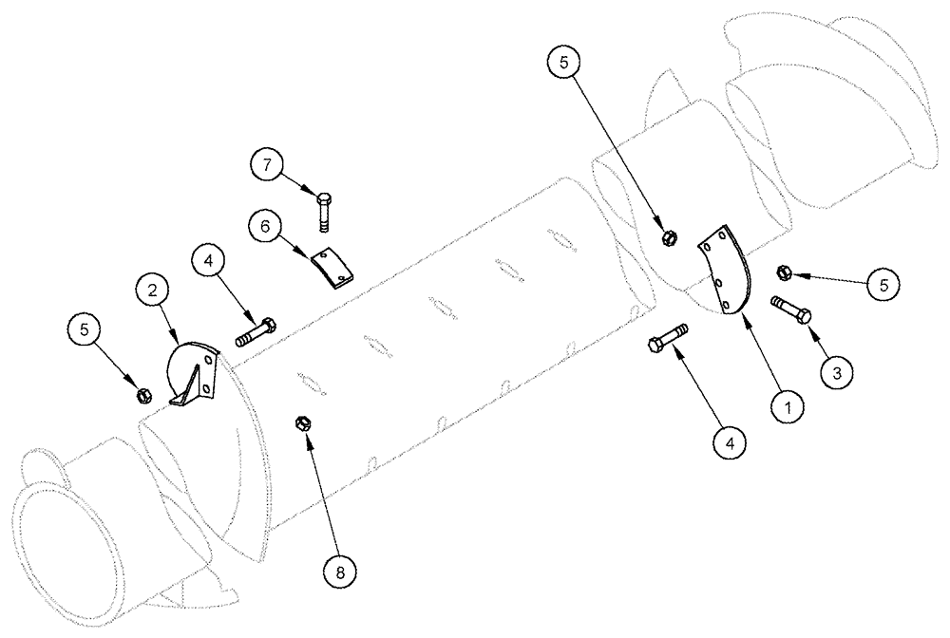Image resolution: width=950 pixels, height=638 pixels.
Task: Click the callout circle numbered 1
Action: (x=788, y=407)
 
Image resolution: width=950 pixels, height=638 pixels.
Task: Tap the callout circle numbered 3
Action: (x=836, y=373)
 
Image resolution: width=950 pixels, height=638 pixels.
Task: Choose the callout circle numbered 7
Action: (x=269, y=165)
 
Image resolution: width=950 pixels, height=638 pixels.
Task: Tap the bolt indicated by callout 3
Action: (x=792, y=310)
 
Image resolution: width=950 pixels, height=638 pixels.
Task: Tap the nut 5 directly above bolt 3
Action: (x=784, y=272)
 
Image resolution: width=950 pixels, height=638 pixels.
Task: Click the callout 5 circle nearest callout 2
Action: (x=85, y=331)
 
